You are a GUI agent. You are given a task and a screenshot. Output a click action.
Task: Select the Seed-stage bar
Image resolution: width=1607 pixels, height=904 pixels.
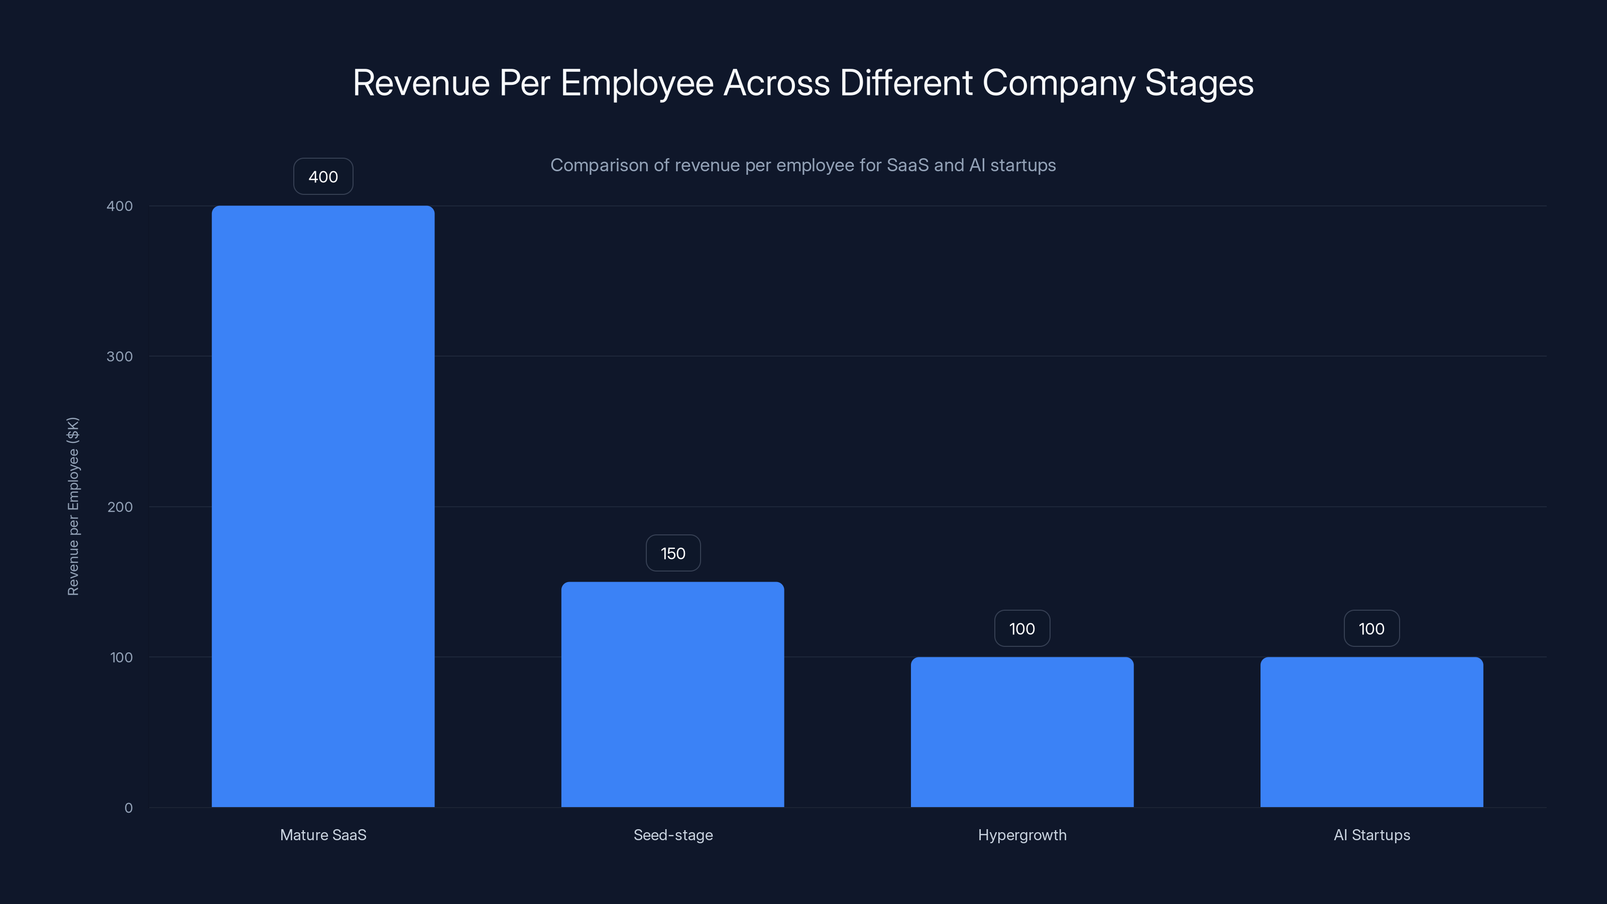tap(672, 695)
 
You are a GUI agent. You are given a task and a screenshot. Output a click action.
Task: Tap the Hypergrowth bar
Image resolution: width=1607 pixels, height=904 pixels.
tap(1022, 732)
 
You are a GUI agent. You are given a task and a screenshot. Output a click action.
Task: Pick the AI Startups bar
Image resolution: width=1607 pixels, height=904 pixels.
tap(1371, 732)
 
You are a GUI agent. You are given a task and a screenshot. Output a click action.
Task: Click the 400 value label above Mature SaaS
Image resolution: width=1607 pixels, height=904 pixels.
tap(323, 177)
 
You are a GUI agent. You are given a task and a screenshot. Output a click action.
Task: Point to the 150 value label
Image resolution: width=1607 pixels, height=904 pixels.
tap(672, 553)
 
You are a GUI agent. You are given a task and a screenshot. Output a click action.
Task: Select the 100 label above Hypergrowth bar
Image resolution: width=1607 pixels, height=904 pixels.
tap(1022, 628)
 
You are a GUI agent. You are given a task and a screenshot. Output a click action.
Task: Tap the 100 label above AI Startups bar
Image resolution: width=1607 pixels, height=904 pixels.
tap(1371, 628)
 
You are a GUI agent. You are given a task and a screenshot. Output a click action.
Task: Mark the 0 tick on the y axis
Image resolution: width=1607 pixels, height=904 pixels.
tap(129, 808)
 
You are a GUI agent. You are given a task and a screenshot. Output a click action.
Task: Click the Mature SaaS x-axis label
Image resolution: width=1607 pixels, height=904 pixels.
tap(323, 835)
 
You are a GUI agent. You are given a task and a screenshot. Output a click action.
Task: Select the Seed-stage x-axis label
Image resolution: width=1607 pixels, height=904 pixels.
tap(672, 835)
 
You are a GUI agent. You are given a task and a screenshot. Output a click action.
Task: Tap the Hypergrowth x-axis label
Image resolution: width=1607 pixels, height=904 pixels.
tap(1022, 835)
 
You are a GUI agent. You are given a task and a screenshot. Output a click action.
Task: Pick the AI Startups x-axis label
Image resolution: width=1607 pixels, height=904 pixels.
tap(1371, 835)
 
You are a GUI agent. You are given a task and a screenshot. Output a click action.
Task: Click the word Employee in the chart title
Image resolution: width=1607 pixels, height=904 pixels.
tap(637, 83)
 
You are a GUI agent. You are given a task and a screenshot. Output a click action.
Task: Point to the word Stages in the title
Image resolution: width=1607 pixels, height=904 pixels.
tap(1199, 83)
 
